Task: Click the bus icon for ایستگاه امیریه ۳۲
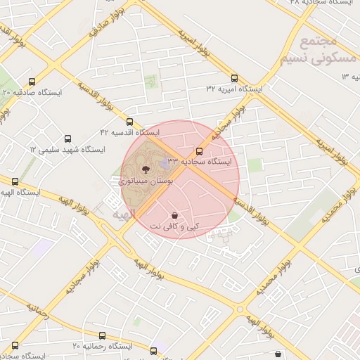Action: tap(234, 79)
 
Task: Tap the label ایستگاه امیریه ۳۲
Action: tap(234, 89)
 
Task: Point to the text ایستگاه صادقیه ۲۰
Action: tap(32, 92)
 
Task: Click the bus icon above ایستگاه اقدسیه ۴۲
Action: tap(129, 122)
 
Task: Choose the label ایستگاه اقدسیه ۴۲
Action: tap(129, 132)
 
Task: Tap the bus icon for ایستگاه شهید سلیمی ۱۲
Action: tap(67, 139)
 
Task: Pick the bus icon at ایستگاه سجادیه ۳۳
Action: tap(200, 150)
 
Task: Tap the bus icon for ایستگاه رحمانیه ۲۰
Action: tap(15, 345)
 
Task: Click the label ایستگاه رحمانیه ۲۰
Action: tap(103, 347)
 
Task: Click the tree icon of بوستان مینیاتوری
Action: tap(146, 169)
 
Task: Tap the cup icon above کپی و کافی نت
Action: tap(174, 214)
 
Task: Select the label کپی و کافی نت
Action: tap(174, 226)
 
